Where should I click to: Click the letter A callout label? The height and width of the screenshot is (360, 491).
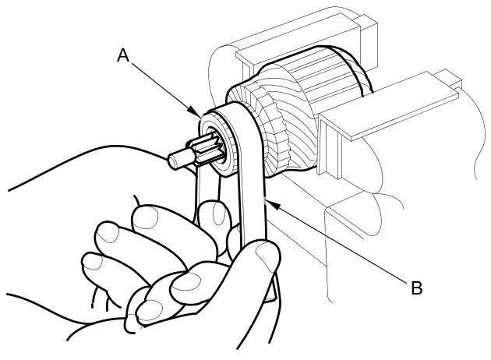(x=122, y=55)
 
